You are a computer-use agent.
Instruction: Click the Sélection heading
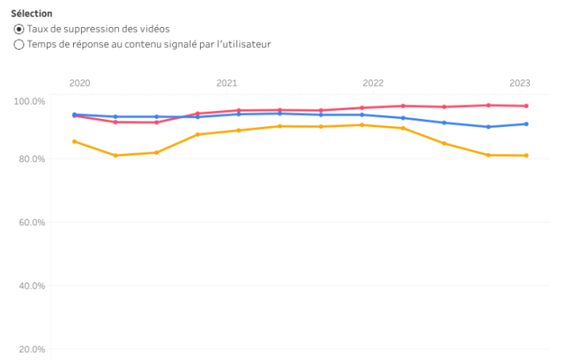[32, 13]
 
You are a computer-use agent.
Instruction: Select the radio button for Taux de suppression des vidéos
[19, 29]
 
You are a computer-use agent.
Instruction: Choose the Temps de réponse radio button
[19, 44]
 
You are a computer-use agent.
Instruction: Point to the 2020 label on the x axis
[79, 82]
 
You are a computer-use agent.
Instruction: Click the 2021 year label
[226, 82]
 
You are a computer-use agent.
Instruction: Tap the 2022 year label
[373, 82]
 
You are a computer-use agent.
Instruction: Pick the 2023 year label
[520, 82]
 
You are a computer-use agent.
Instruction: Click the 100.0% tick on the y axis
[29, 101]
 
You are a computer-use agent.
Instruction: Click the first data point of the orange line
[75, 141]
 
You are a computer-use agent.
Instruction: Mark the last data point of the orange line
[526, 155]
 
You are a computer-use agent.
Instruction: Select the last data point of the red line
[526, 106]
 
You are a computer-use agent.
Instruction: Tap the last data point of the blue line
[526, 124]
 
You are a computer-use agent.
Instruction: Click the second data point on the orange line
[116, 155]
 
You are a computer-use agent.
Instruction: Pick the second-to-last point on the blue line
[488, 127]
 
